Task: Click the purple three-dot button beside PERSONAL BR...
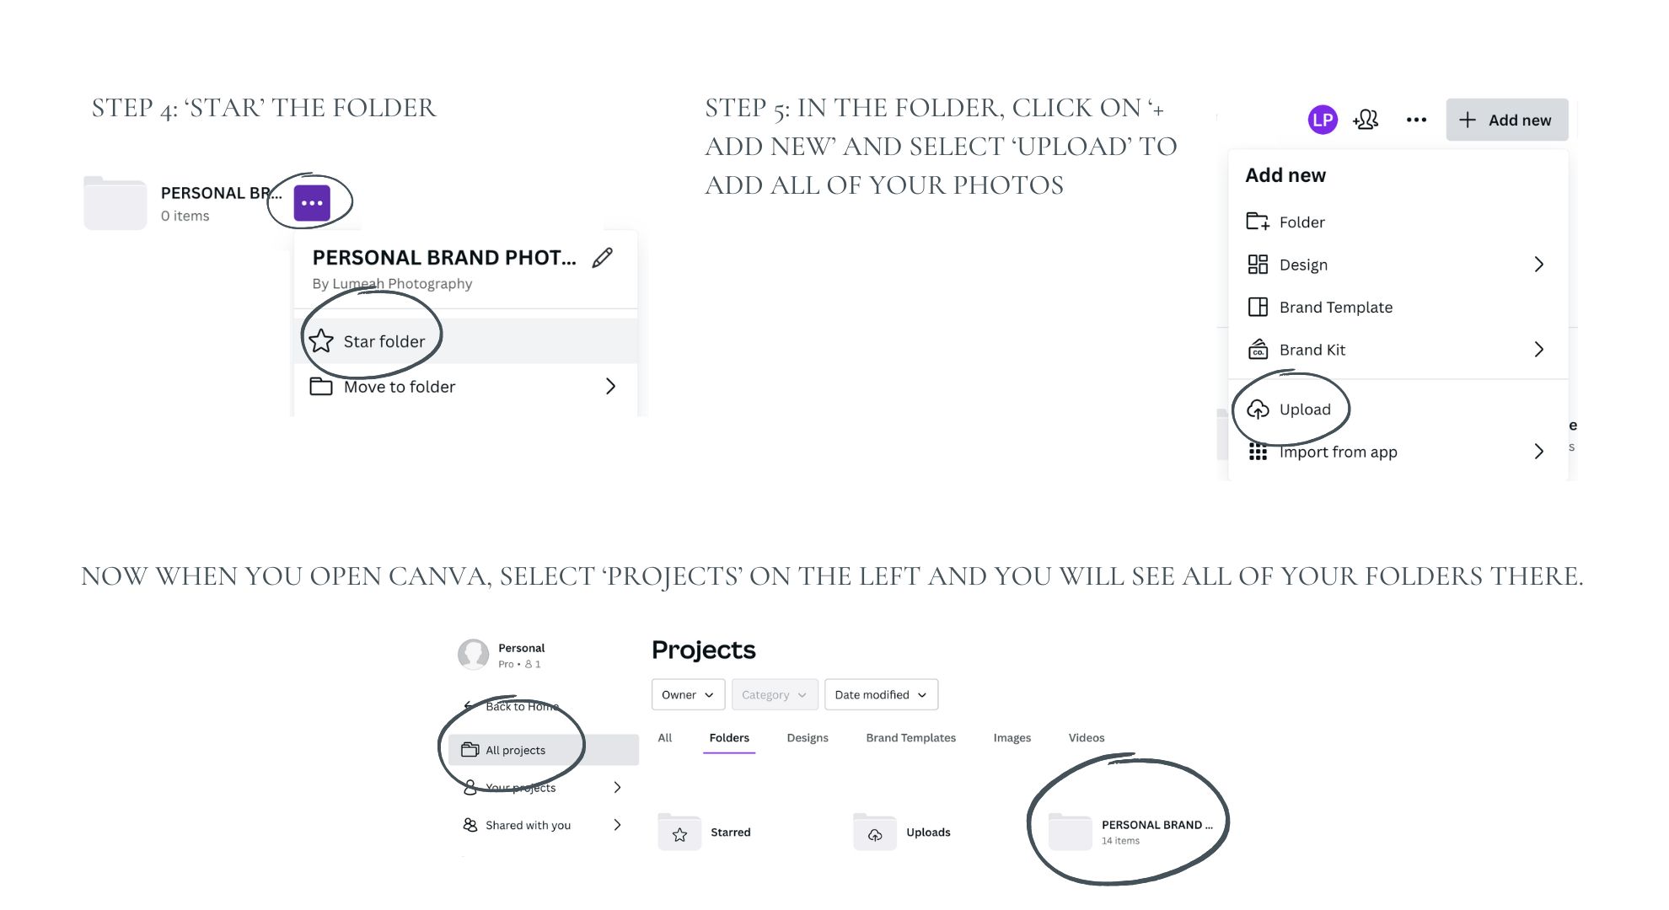click(x=311, y=203)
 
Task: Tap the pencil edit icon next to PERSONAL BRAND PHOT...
click(x=602, y=258)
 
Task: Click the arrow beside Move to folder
click(x=610, y=387)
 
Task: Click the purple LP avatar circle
click(x=1322, y=120)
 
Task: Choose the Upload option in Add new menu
click(x=1304, y=409)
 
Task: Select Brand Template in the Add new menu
click(x=1335, y=308)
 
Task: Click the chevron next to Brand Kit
click(x=1538, y=350)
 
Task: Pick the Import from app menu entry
click(x=1338, y=452)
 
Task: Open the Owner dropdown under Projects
click(x=687, y=695)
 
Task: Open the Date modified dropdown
click(x=880, y=695)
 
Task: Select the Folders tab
click(x=728, y=738)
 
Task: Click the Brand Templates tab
click(x=910, y=738)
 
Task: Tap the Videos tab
click(x=1086, y=738)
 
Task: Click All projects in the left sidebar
click(x=515, y=751)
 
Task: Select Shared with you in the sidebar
click(x=528, y=826)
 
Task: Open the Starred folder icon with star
click(x=679, y=833)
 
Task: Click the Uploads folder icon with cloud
click(x=875, y=833)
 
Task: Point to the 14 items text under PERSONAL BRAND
click(x=1120, y=841)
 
